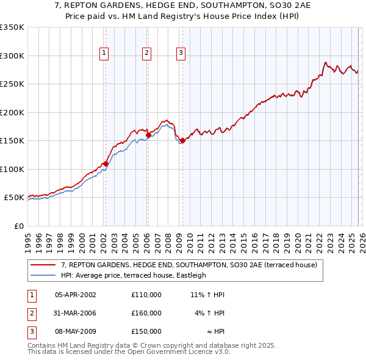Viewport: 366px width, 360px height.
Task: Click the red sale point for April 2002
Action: click(x=106, y=164)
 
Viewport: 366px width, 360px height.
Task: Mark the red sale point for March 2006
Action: click(x=148, y=135)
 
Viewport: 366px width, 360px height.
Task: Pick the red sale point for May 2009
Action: click(x=182, y=141)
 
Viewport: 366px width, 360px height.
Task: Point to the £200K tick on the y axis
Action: click(x=12, y=112)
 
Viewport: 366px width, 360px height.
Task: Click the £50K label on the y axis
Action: click(x=14, y=198)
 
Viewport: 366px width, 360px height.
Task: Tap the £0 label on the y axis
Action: click(x=18, y=226)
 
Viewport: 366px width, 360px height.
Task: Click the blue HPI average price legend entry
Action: click(x=134, y=275)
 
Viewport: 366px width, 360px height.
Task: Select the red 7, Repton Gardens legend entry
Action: click(x=188, y=265)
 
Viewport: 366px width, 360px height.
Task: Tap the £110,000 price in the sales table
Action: click(x=146, y=294)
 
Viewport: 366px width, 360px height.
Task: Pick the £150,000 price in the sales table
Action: click(x=146, y=331)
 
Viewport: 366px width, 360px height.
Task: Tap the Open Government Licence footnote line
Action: click(x=129, y=351)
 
